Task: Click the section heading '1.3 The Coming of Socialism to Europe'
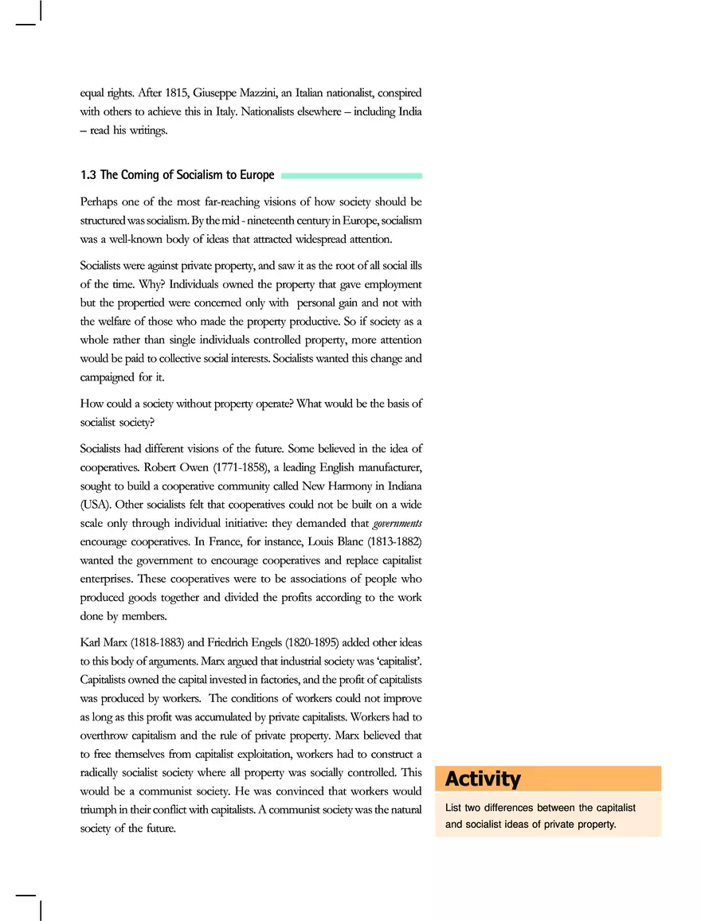click(177, 175)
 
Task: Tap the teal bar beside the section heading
click(351, 175)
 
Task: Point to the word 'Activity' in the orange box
click(483, 779)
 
